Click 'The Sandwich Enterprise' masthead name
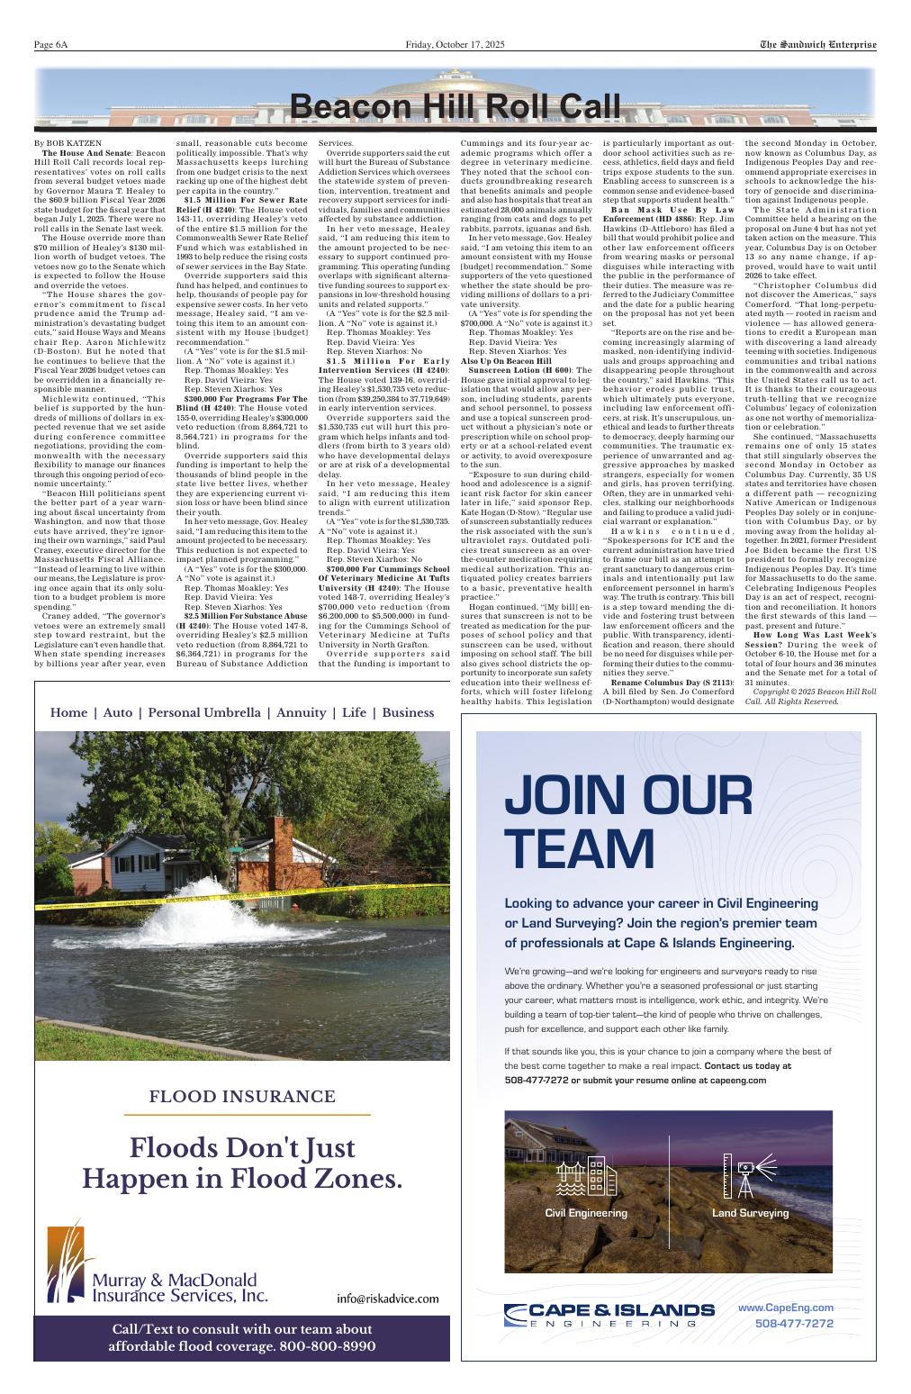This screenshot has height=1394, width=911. click(x=817, y=45)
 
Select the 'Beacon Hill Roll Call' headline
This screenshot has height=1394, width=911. click(x=455, y=107)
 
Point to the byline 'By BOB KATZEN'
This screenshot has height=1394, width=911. click(x=68, y=143)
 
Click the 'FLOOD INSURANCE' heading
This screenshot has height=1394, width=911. click(x=242, y=1097)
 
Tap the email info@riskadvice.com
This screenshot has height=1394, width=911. click(x=388, y=1299)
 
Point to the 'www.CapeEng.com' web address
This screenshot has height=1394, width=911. click(x=786, y=1308)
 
